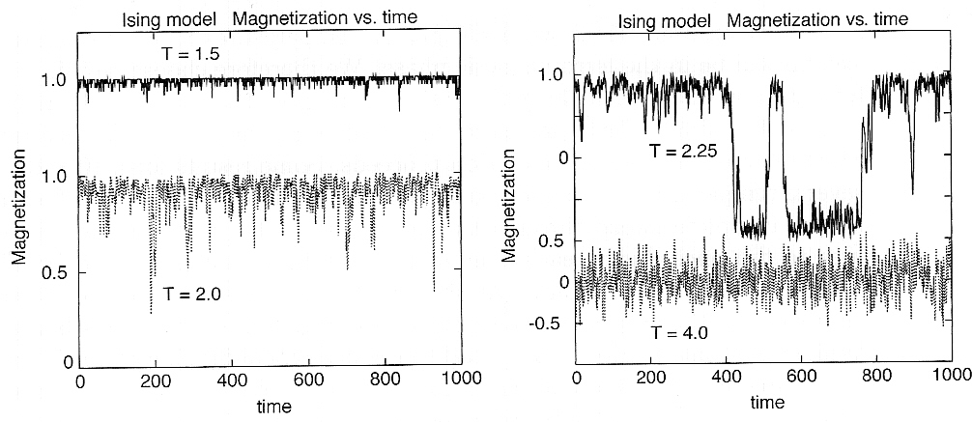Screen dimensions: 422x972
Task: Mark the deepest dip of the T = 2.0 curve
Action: click(x=151, y=313)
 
